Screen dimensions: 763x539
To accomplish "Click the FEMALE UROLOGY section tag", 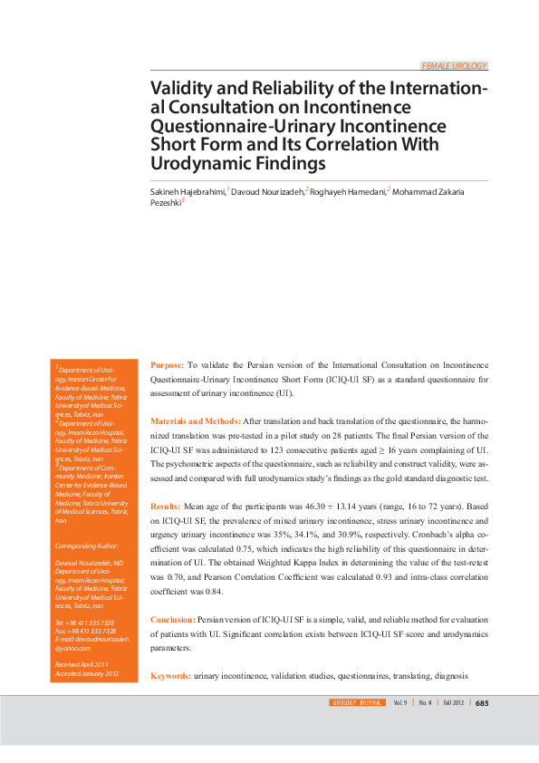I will click(455, 66).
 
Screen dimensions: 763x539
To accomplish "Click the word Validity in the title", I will click(179, 90).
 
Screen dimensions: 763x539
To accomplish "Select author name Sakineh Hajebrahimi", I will click(188, 192).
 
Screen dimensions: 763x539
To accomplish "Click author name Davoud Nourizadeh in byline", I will click(268, 192).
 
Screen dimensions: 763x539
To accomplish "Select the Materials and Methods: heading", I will click(195, 421).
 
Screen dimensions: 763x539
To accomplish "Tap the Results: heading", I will click(165, 506).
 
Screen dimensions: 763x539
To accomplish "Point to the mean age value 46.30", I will click(296, 506).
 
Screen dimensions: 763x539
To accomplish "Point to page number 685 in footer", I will click(482, 702).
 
